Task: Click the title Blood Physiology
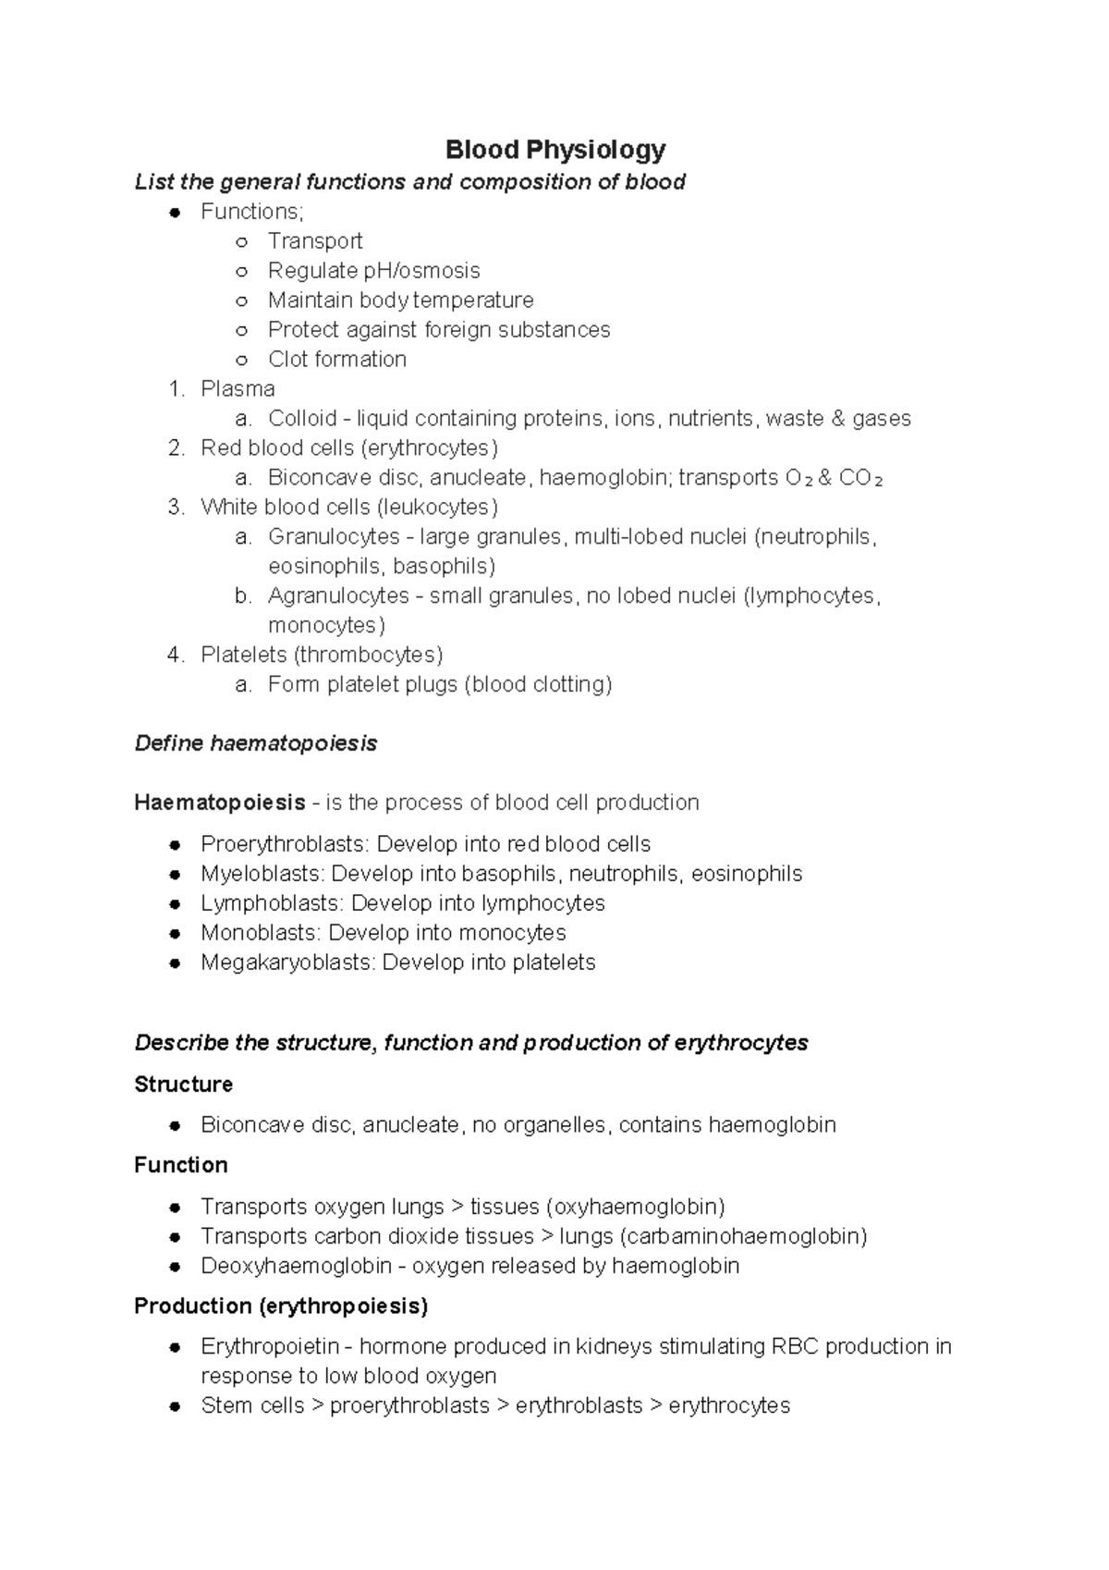tap(554, 149)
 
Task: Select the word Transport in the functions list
tap(314, 241)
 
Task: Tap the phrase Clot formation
tap(336, 360)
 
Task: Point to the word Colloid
tap(301, 419)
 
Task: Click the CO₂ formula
tap(860, 478)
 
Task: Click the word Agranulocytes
tap(338, 596)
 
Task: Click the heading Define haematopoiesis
tap(256, 743)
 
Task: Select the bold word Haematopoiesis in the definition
tap(219, 803)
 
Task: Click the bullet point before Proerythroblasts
tap(174, 845)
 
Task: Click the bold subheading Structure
tap(183, 1084)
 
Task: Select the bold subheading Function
tap(180, 1165)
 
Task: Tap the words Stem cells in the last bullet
tap(251, 1405)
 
